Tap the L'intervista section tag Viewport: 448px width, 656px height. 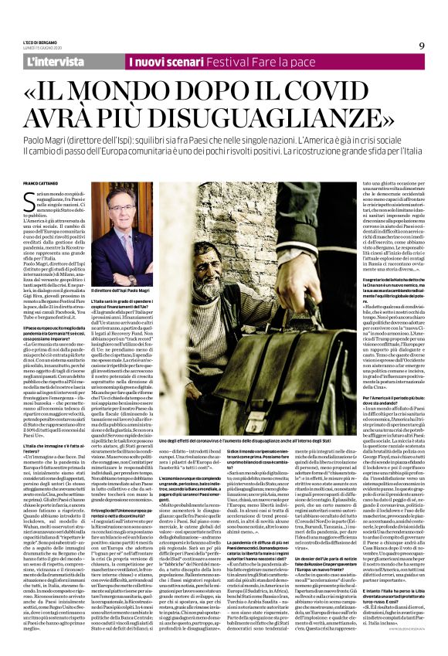tap(55, 61)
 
